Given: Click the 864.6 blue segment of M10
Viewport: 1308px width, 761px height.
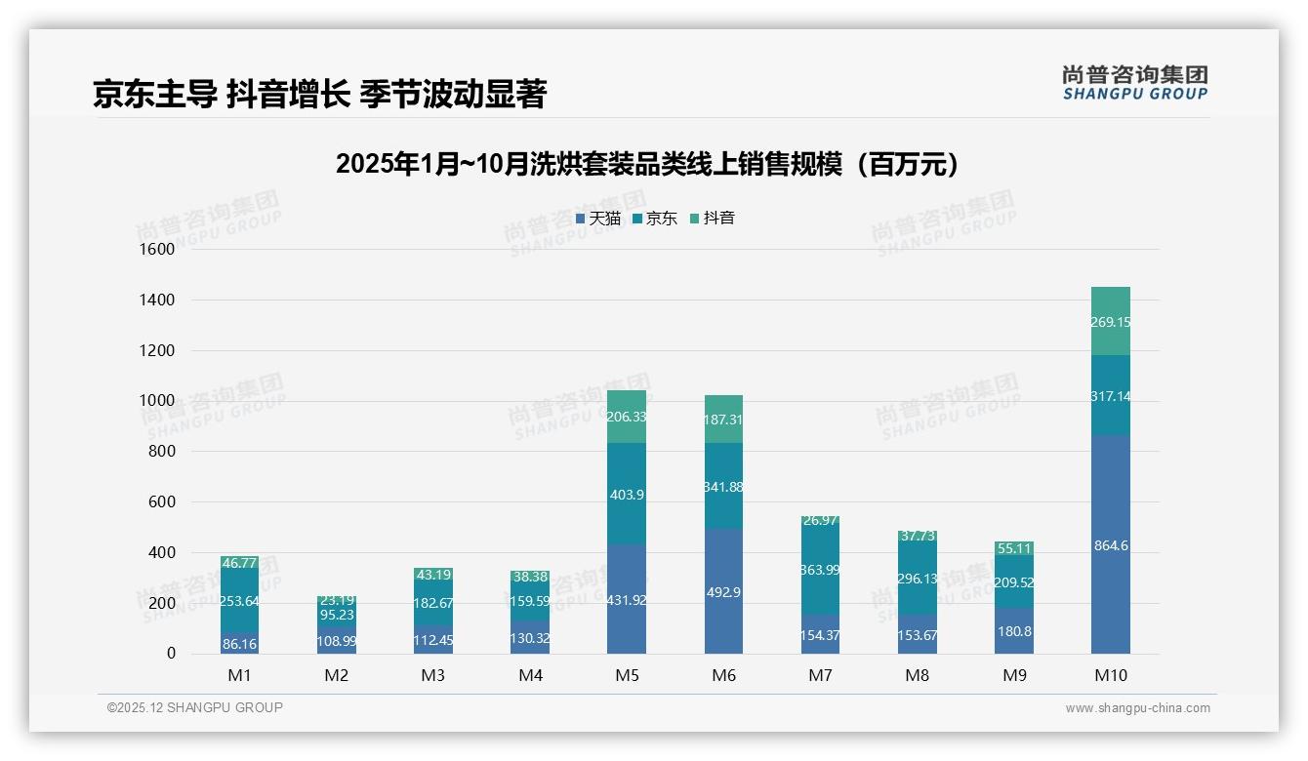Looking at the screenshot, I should pyautogui.click(x=1111, y=544).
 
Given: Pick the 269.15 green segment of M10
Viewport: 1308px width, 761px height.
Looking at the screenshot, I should pyautogui.click(x=1111, y=321).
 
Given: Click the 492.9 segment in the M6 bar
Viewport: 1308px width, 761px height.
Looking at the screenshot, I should pyautogui.click(x=723, y=591).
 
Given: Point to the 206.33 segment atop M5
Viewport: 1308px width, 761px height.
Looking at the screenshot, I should pyautogui.click(x=627, y=417).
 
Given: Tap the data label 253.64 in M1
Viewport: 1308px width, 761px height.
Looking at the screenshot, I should pyautogui.click(x=239, y=601).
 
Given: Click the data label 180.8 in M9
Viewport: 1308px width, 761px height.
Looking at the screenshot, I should pyautogui.click(x=1014, y=631).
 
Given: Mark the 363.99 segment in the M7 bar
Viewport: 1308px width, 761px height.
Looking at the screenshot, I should pyautogui.click(x=820, y=569).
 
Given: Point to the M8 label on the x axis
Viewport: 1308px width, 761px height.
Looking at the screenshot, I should pyautogui.click(x=917, y=675).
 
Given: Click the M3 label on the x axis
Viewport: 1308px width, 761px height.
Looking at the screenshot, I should pyautogui.click(x=433, y=675).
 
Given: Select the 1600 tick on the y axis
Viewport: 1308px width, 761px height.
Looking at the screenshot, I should pyautogui.click(x=157, y=250).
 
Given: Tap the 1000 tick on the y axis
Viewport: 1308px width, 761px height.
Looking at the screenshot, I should pyautogui.click(x=157, y=401).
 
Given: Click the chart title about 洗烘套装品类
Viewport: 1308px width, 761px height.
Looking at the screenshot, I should pyautogui.click(x=647, y=164).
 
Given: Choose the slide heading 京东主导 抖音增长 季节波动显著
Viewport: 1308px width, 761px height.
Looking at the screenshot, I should pyautogui.click(x=319, y=94).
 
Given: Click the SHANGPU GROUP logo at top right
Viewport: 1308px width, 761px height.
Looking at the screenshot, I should pyautogui.click(x=1134, y=83).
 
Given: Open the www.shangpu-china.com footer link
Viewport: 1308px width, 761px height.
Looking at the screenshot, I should pyautogui.click(x=1137, y=708).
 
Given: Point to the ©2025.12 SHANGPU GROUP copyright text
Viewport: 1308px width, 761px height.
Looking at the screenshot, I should pyautogui.click(x=195, y=707).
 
